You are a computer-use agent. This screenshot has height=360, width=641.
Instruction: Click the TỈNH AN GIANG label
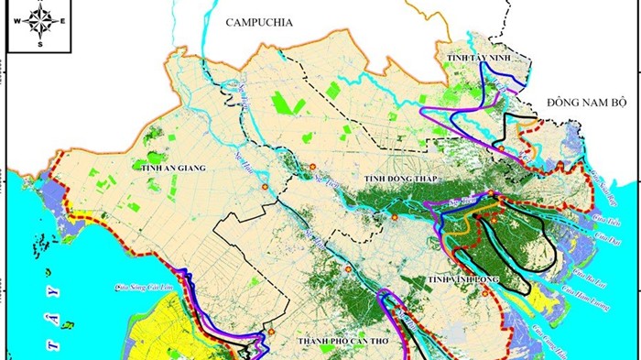click(170, 169)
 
